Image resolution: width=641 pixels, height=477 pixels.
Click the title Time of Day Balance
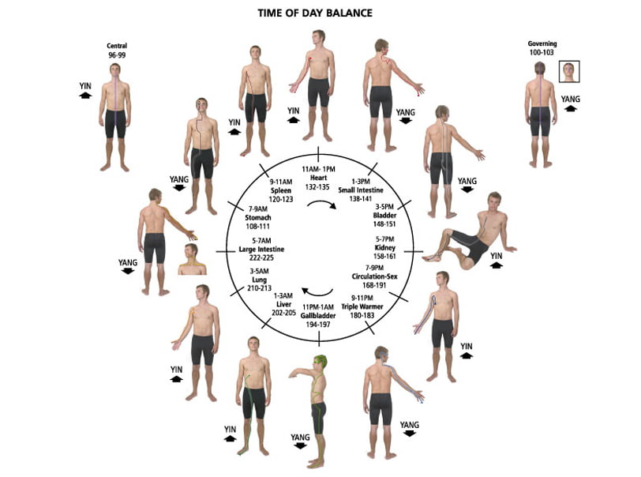(x=315, y=13)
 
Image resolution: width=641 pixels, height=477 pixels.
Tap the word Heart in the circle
(x=318, y=178)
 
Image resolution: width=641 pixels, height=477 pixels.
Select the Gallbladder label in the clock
(x=318, y=315)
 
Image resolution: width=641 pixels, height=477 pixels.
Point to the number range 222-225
(x=261, y=257)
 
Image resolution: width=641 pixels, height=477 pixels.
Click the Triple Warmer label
(x=362, y=306)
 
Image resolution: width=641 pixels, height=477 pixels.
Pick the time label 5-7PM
(x=384, y=239)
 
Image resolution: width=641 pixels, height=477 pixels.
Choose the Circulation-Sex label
(x=374, y=276)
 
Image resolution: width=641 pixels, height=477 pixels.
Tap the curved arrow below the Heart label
(x=322, y=204)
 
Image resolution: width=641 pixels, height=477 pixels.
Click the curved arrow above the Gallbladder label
(x=317, y=292)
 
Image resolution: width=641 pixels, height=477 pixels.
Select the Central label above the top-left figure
(x=117, y=46)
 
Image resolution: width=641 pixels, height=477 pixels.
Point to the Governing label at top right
(x=542, y=43)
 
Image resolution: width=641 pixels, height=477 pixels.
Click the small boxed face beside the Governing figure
(x=569, y=72)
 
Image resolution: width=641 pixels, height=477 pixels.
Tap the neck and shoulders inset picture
(x=192, y=259)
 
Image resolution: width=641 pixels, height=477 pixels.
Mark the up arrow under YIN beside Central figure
(x=85, y=96)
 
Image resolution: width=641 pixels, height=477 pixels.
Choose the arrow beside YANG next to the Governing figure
(x=570, y=108)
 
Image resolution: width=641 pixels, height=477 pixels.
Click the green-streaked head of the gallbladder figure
(x=320, y=362)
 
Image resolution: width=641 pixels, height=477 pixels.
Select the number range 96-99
(x=117, y=54)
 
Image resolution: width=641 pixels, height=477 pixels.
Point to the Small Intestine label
(x=361, y=190)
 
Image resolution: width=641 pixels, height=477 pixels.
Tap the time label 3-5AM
(x=259, y=271)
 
